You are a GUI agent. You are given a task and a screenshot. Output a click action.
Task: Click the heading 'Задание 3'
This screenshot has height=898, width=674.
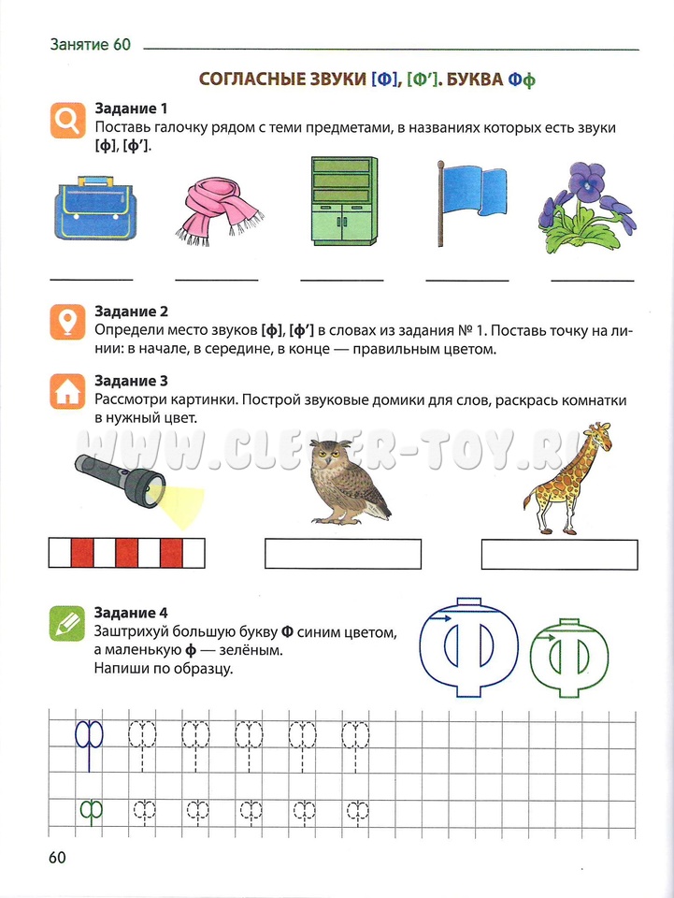point(131,381)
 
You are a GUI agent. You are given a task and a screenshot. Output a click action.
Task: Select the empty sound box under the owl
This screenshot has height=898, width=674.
point(343,554)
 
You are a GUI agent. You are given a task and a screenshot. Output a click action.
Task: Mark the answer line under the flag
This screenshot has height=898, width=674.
point(467,280)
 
